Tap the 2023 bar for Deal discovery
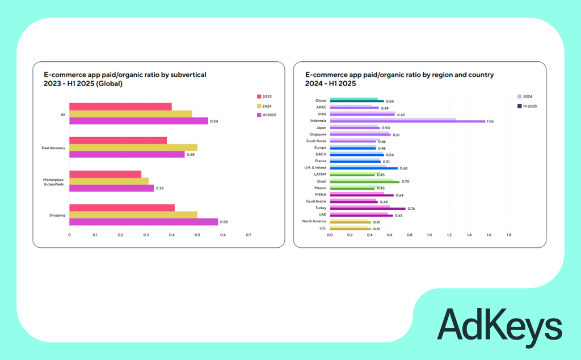[x=118, y=141]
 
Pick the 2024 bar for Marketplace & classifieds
[x=109, y=181]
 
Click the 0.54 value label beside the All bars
[x=214, y=121]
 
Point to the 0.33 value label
[x=159, y=188]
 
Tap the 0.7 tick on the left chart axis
[x=248, y=235]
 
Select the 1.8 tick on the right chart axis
[x=508, y=234]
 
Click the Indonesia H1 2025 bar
[x=407, y=121]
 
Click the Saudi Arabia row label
[x=316, y=201]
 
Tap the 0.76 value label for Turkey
[x=411, y=209]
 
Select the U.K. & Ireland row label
[x=315, y=168]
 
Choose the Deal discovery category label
[x=53, y=148]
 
